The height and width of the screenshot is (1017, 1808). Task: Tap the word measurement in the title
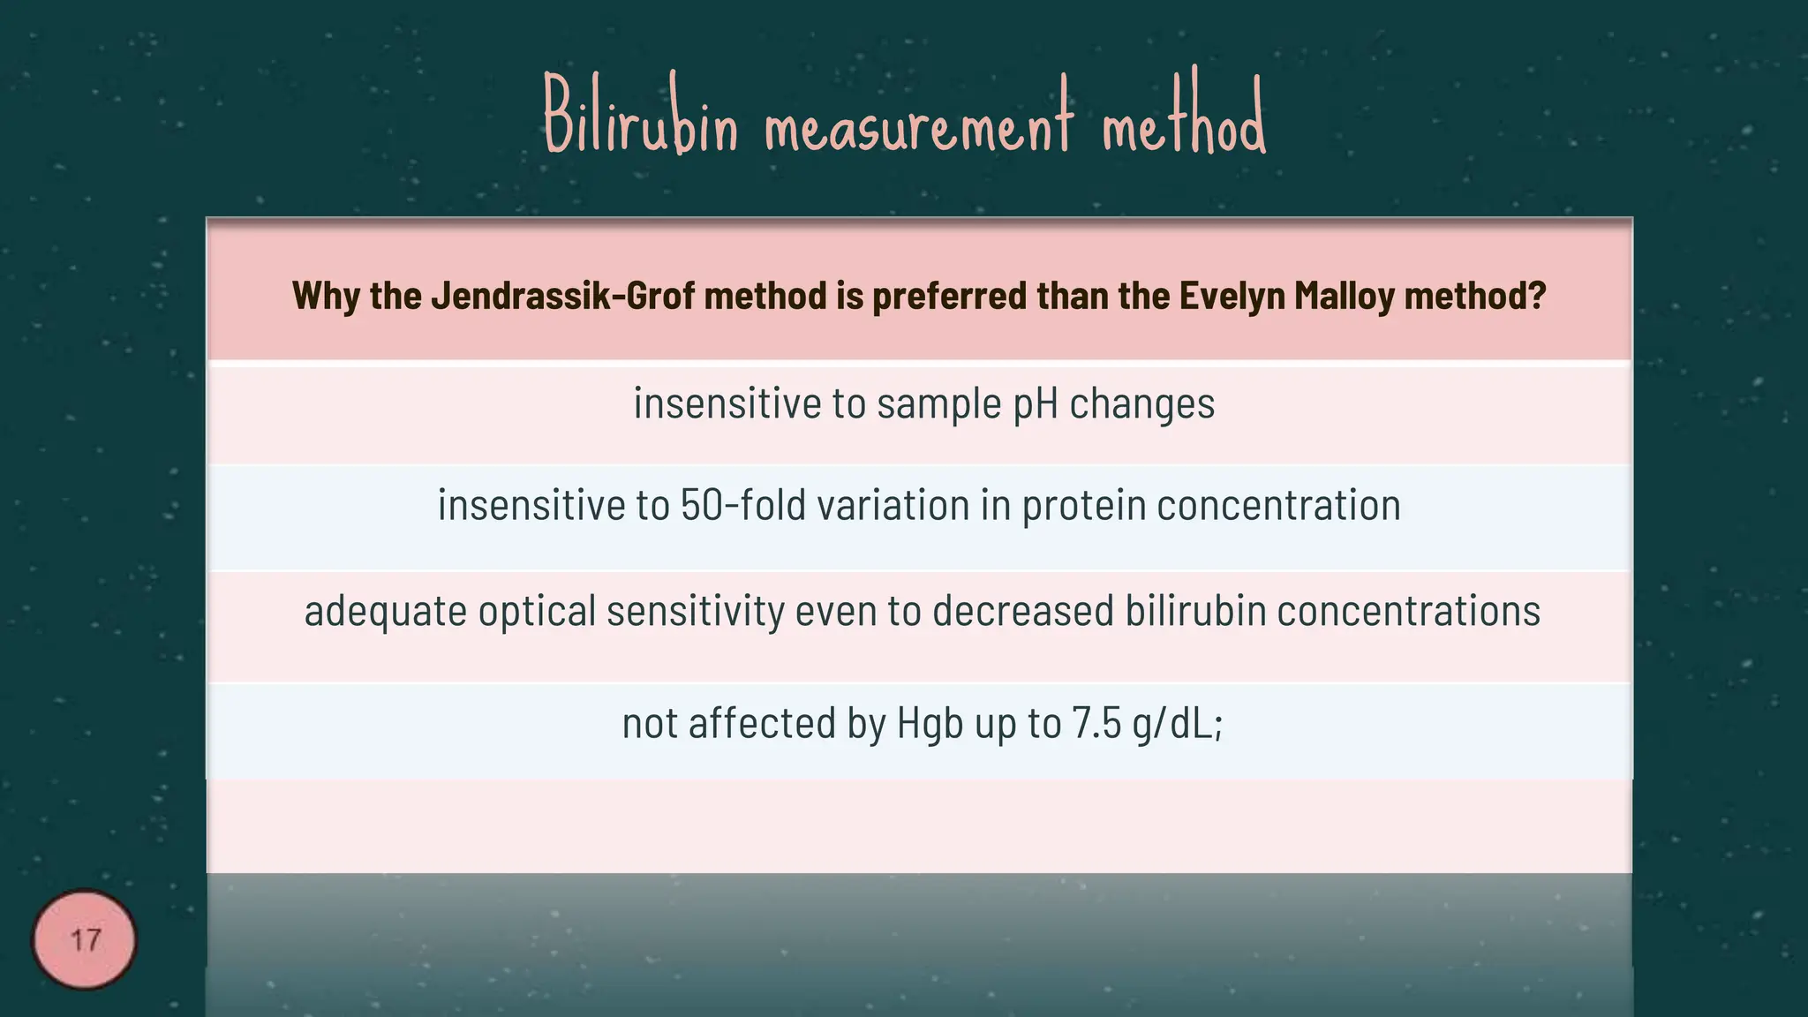[918, 124]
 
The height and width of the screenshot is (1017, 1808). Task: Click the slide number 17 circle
[85, 939]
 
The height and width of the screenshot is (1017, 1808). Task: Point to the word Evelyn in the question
[1232, 296]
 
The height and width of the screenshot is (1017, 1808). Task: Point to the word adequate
[385, 612]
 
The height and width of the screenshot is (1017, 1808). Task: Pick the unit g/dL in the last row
[1172, 723]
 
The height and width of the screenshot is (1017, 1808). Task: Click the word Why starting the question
[325, 296]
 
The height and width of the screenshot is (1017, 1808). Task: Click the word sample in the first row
[938, 404]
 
